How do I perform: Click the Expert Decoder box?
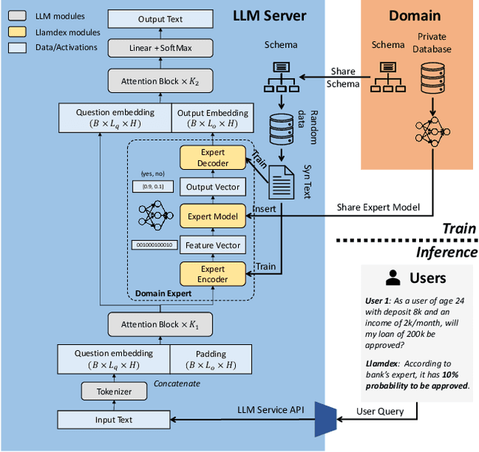[x=213, y=158]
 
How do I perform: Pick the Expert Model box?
[x=213, y=216]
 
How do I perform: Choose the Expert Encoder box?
[x=213, y=274]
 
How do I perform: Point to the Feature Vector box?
[x=213, y=245]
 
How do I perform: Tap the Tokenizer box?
[x=115, y=390]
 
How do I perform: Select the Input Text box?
[x=115, y=419]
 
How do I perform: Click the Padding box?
[x=213, y=358]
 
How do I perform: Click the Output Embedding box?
[x=213, y=118]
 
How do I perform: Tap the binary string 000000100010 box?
[x=153, y=245]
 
